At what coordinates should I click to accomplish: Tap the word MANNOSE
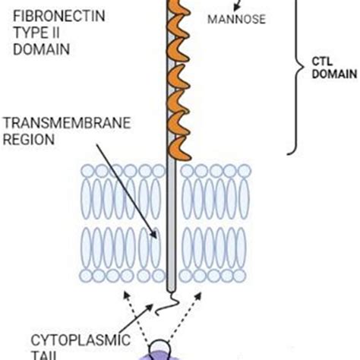coord(237,19)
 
